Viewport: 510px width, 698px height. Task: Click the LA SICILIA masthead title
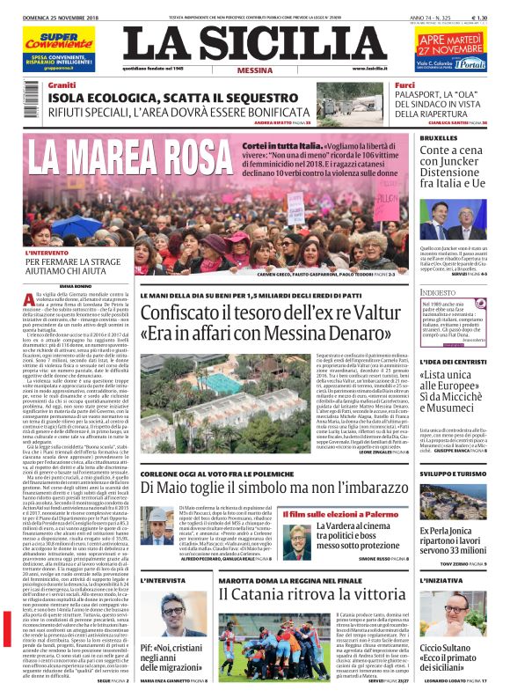pos(254,43)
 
